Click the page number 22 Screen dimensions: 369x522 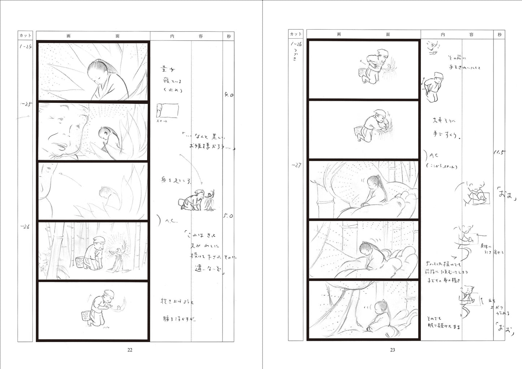[x=130, y=350]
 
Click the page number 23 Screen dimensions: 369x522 [x=392, y=350]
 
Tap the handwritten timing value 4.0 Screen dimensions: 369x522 [x=229, y=95]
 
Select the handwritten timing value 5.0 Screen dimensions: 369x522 [x=228, y=216]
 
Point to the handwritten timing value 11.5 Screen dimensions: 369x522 [x=499, y=152]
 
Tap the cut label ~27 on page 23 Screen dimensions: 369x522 [x=295, y=165]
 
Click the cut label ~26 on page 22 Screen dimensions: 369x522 [x=25, y=227]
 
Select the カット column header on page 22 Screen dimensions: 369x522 [x=25, y=35]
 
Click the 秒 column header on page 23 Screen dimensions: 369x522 [x=499, y=34]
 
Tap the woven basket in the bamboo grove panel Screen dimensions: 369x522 [x=79, y=262]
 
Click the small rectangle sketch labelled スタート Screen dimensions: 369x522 [x=167, y=111]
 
